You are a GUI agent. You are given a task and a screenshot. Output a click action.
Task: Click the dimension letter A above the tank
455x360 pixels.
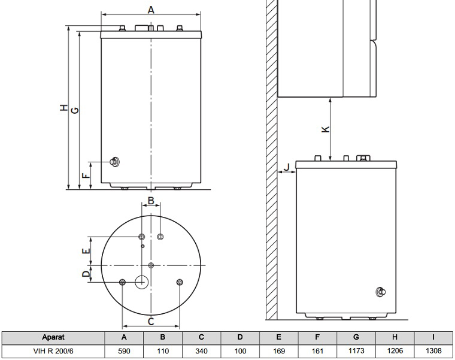click(151, 10)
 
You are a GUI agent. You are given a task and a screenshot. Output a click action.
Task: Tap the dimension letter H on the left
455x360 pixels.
click(64, 108)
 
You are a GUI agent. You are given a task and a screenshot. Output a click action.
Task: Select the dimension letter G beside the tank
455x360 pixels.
click(75, 110)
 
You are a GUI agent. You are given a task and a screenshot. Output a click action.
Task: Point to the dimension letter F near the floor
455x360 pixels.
click(85, 176)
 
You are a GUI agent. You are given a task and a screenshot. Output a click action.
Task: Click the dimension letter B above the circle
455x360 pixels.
click(151, 201)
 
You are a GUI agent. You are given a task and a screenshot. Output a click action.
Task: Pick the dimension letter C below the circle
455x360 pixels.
click(151, 322)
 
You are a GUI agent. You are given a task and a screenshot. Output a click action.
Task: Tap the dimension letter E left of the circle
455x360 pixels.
click(86, 251)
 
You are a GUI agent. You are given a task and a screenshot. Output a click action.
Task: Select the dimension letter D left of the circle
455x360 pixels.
click(86, 274)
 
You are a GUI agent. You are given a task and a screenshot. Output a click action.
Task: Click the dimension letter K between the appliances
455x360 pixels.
click(326, 129)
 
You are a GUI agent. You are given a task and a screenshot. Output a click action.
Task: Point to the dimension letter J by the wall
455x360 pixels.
click(287, 167)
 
